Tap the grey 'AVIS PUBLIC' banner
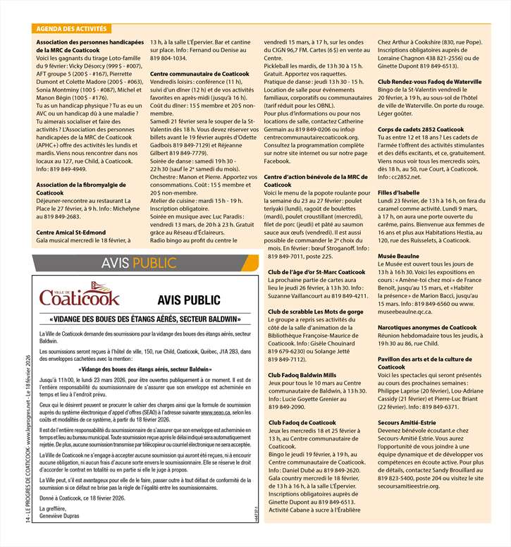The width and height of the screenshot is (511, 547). coord(137,263)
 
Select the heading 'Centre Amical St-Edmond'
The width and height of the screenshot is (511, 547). coord(70,232)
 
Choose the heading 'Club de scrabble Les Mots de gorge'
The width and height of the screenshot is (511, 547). coord(312,311)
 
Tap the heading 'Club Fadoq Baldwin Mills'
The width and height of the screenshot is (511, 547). coord(302,375)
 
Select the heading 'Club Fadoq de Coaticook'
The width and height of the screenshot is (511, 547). coord(302,422)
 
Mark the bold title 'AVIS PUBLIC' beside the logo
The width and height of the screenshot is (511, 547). coord(185,299)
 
